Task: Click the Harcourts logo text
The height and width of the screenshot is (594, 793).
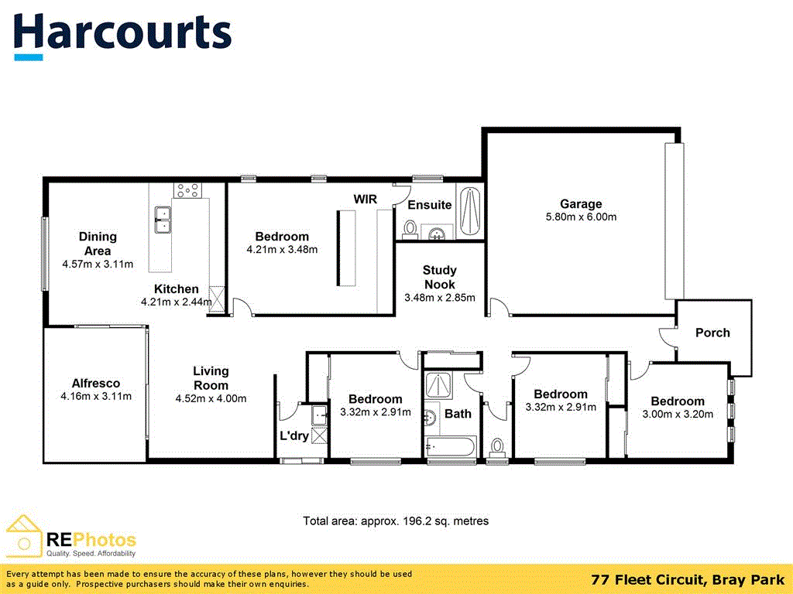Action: tap(122, 32)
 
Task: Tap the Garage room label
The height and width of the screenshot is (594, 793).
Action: tap(581, 204)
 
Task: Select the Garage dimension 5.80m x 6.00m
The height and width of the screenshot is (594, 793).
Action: tap(581, 217)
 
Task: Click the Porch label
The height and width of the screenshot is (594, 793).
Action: tap(712, 333)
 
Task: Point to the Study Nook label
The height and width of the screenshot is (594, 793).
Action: tap(439, 277)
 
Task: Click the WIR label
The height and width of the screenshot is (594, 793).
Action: tap(366, 200)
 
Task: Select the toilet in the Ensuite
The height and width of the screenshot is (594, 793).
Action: tap(410, 229)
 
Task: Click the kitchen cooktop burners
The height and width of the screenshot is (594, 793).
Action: tap(187, 188)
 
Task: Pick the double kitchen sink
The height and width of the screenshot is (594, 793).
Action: tap(163, 220)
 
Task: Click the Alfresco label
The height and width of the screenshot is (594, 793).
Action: tap(96, 383)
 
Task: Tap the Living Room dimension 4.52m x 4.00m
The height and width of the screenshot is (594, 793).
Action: tap(211, 399)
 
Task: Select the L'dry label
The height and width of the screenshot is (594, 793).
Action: tap(294, 435)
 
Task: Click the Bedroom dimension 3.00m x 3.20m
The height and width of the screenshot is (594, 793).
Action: tap(678, 414)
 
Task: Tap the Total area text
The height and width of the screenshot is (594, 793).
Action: tap(396, 521)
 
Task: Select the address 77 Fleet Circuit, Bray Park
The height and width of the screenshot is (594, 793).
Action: tap(687, 579)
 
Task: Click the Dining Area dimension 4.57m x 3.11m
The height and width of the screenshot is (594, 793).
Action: tap(98, 265)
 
